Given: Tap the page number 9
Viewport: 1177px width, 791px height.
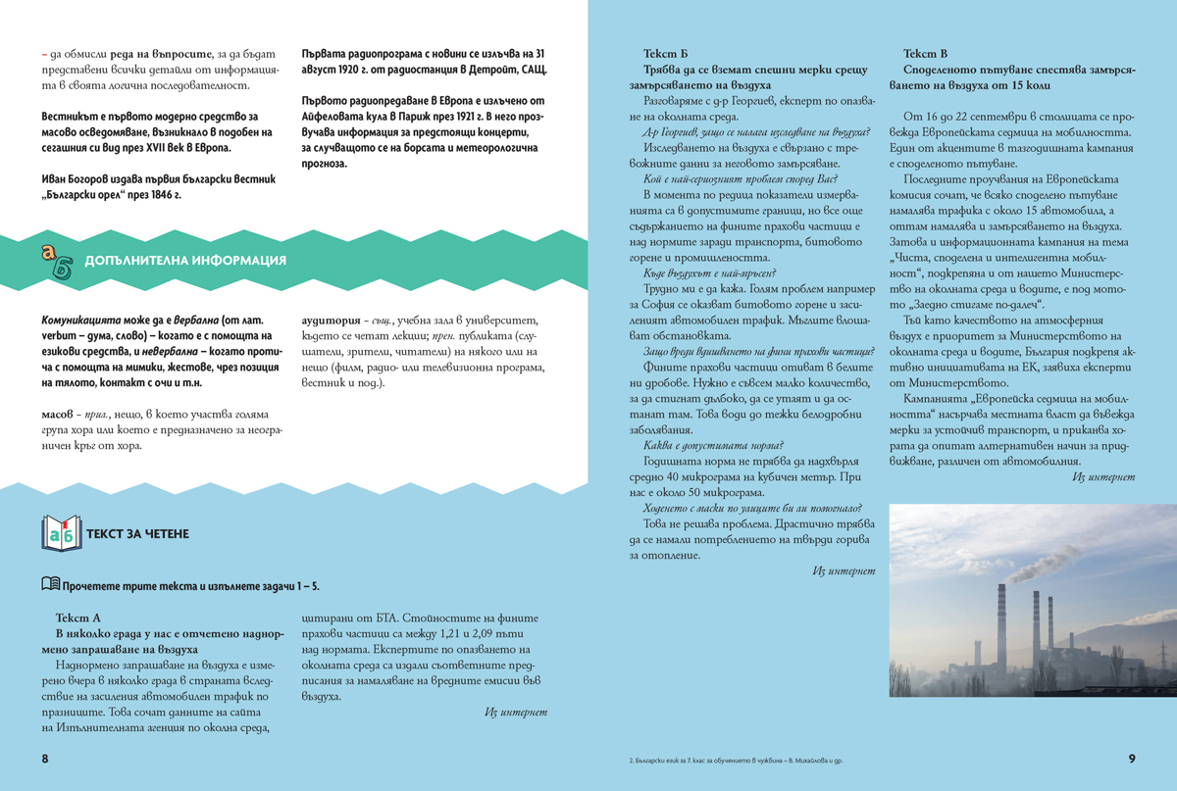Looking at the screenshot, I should pos(1131,759).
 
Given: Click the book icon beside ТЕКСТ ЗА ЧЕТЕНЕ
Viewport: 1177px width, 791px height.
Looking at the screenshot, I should pos(61,534).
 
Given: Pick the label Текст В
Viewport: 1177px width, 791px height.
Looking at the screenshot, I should pos(925,55).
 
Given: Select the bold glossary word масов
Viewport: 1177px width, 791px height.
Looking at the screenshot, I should pos(60,415).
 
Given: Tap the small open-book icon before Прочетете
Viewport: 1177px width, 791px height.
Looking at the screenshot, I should pos(50,585).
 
